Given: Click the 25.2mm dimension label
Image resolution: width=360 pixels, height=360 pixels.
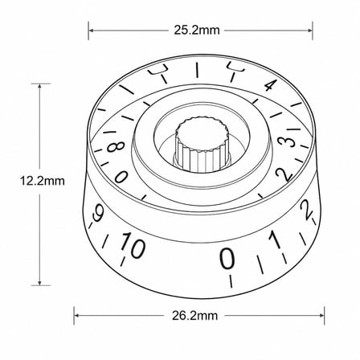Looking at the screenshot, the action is tap(197, 31).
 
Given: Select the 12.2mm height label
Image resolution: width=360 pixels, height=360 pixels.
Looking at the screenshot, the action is tap(43, 181).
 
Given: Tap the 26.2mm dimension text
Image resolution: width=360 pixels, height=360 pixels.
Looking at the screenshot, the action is tap(194, 316).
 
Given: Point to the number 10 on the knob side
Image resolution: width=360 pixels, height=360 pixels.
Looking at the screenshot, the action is tap(133, 245).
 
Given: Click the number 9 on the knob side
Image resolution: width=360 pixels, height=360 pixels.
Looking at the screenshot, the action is tap(96, 213).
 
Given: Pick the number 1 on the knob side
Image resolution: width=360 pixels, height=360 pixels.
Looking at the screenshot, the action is tap(274, 239).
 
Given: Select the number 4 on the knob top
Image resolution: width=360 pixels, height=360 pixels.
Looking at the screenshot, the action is tap(270, 85).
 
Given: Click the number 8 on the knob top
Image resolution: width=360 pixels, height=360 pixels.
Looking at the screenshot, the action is tap(116, 147).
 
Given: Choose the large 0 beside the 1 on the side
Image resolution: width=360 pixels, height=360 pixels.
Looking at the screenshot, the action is tap(227, 258).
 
